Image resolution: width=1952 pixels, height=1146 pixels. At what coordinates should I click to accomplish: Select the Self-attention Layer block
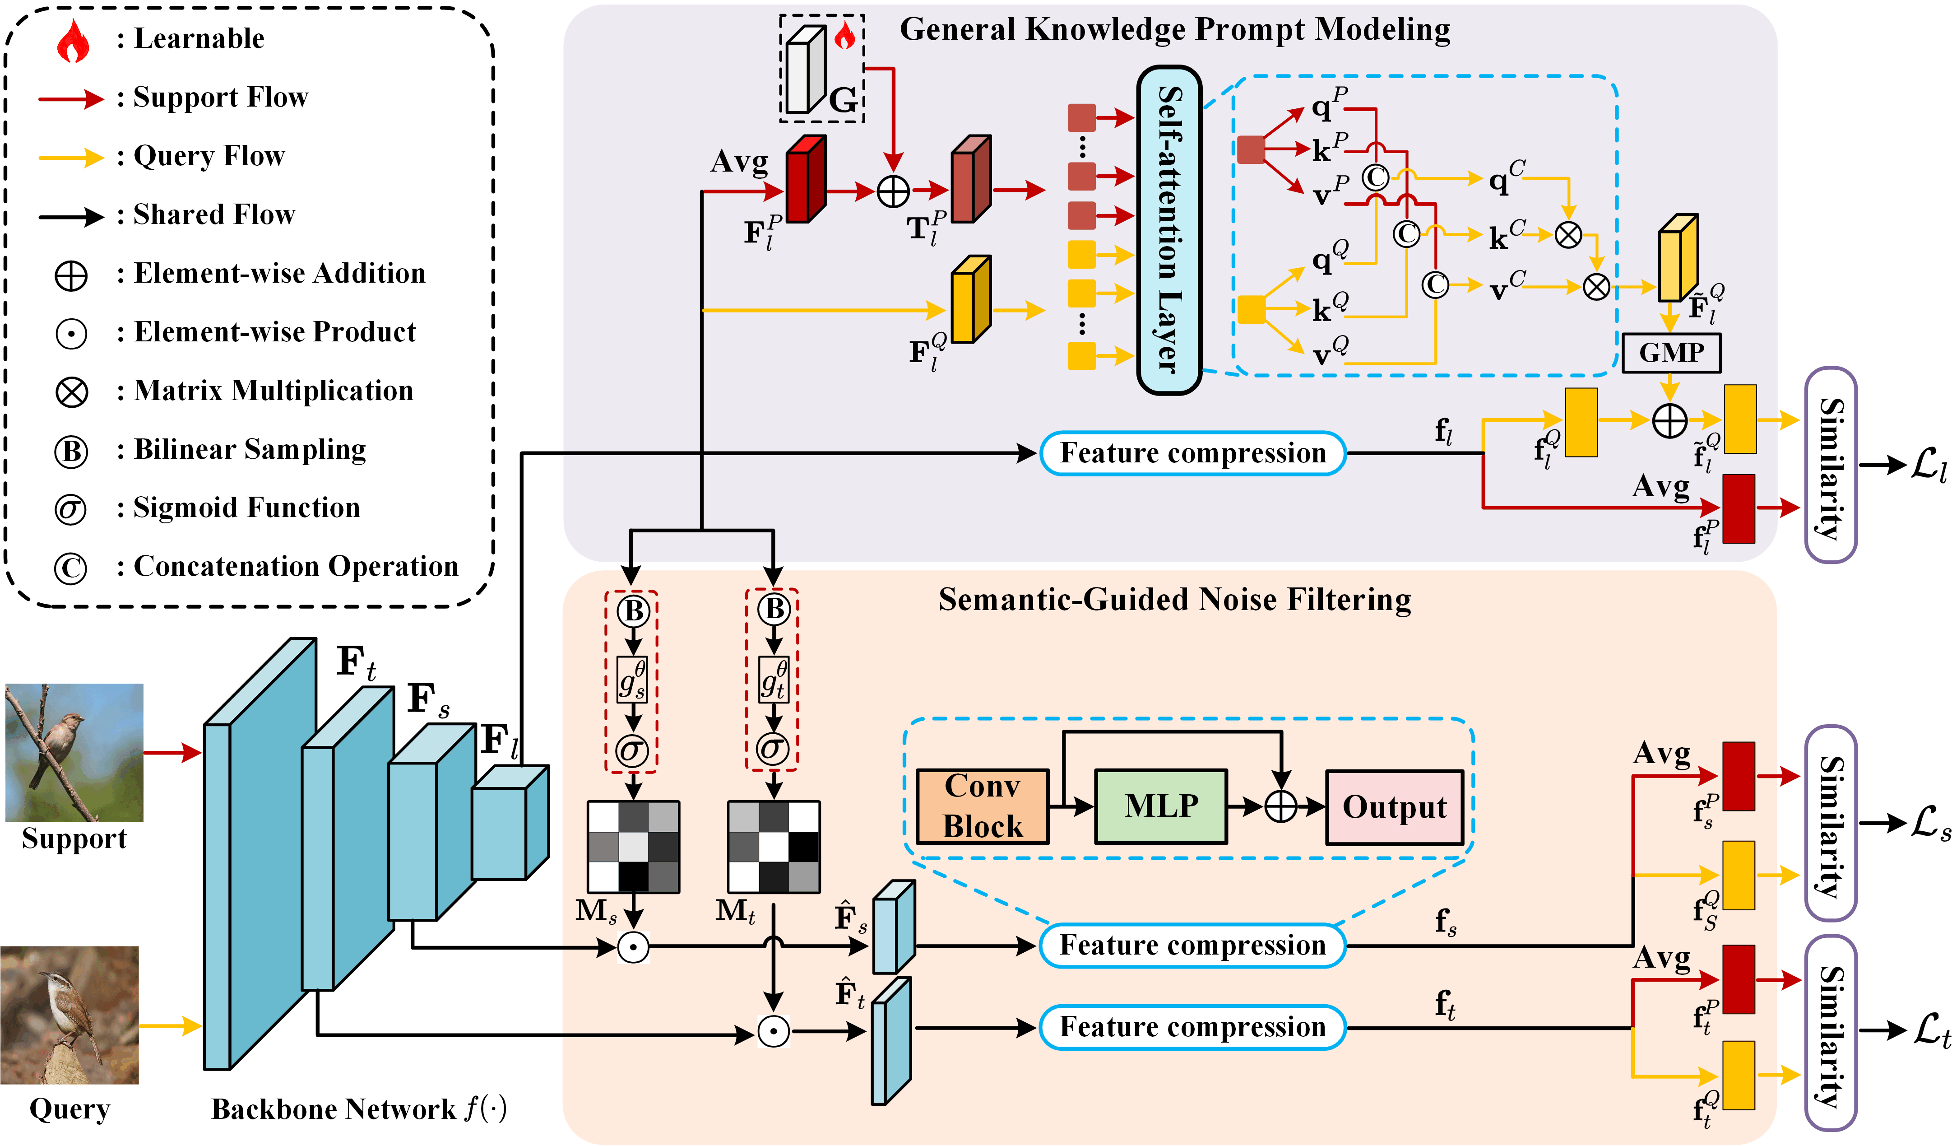click(1169, 230)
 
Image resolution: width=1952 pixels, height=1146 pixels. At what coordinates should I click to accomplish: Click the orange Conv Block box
click(982, 806)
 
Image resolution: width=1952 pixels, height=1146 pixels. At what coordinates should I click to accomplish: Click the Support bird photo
click(74, 752)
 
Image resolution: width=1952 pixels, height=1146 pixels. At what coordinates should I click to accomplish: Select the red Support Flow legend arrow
click(71, 98)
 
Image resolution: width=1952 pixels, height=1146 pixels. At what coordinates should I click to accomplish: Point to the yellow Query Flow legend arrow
click(71, 157)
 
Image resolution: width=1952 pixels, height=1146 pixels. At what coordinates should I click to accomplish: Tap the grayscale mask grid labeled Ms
click(633, 847)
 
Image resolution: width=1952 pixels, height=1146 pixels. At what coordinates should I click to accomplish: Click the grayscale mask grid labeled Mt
click(773, 847)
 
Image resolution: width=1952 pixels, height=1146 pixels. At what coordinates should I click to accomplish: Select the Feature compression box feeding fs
click(1192, 946)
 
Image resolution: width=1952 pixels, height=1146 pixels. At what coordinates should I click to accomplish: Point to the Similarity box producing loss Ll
click(1831, 465)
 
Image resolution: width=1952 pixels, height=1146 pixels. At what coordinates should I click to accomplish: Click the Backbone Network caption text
click(359, 1109)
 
